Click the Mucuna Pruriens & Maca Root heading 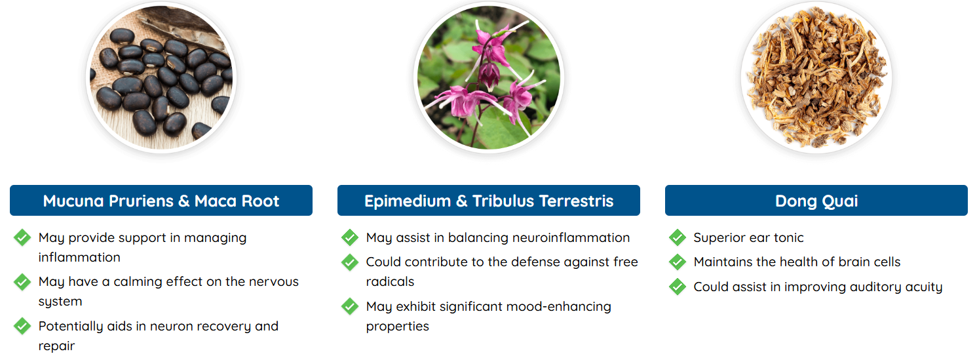point(161,201)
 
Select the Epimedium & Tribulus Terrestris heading point(489,201)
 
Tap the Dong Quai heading point(816,201)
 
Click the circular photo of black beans point(161,78)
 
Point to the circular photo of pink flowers point(489,78)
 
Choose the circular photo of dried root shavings point(816,78)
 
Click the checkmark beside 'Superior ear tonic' point(678,237)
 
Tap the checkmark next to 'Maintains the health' point(678,262)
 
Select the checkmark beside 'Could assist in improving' point(678,287)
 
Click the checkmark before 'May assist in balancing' point(350,237)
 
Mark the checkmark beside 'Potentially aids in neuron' point(22,326)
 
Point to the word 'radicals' point(390,281)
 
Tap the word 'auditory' point(876,287)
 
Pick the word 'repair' point(57,346)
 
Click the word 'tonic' point(788,237)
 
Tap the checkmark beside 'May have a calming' point(22,282)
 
